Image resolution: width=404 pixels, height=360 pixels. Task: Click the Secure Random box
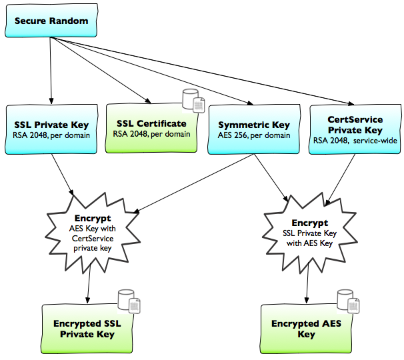coord(51,22)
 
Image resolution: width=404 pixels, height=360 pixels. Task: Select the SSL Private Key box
coord(51,129)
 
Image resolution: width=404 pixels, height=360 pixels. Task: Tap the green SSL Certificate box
coord(151,128)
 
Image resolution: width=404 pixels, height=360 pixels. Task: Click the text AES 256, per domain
coord(253,135)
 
